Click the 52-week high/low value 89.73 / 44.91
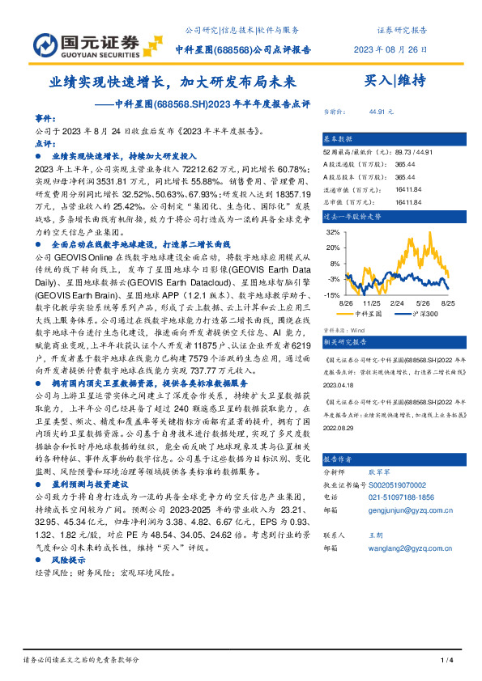415,151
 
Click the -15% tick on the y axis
332,296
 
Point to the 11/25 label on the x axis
373,304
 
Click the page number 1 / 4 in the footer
446,661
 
